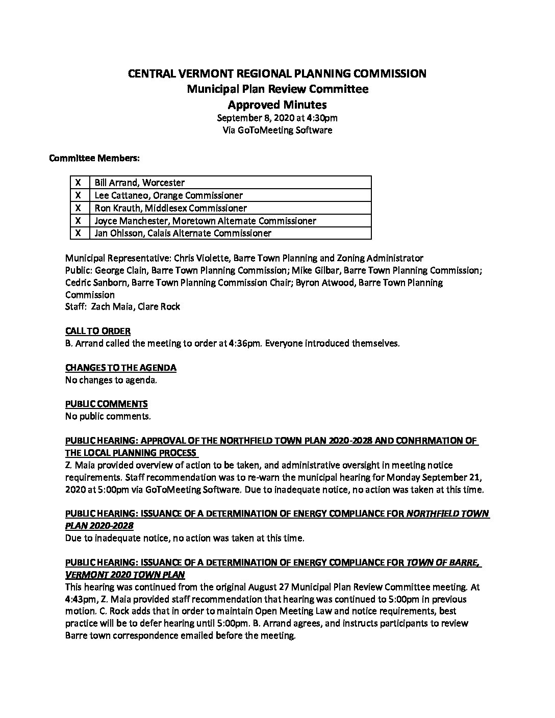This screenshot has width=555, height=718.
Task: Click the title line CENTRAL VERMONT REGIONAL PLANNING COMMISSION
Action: point(277,73)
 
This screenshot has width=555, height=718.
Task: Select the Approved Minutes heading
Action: point(277,105)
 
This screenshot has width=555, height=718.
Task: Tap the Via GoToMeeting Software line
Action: point(277,130)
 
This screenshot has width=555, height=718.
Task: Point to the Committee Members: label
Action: point(94,158)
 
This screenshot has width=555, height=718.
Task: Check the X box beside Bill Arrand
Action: point(79,183)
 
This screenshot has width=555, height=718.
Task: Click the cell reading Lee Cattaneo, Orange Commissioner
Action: point(168,195)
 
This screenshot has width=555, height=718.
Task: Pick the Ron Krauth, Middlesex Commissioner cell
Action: point(170,208)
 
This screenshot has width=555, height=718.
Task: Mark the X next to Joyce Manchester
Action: point(79,221)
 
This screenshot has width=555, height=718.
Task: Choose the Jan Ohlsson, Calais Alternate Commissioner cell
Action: point(183,233)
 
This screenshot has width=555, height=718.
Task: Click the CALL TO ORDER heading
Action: point(97,331)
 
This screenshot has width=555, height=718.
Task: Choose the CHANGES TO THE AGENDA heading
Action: point(121,368)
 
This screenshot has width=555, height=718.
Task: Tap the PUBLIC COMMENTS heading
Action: point(106,404)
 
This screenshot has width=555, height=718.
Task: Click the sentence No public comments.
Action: point(108,416)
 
